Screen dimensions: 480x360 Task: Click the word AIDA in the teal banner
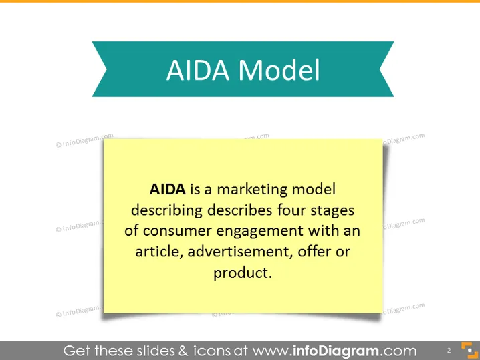point(198,70)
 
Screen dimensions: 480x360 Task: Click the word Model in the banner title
point(279,70)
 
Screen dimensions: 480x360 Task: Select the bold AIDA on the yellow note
point(167,189)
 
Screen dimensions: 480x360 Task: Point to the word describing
point(166,211)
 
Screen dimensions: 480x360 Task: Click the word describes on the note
point(240,210)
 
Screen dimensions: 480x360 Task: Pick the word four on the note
point(291,210)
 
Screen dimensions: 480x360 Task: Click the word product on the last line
point(241,273)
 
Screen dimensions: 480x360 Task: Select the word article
point(159,252)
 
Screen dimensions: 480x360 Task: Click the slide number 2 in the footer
point(449,351)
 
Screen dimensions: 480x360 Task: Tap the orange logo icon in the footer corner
point(469,350)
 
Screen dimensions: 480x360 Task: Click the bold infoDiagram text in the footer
point(336,351)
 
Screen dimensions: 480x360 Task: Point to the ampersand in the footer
point(183,351)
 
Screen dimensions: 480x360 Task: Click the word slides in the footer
point(156,351)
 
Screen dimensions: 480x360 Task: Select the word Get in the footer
point(77,351)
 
